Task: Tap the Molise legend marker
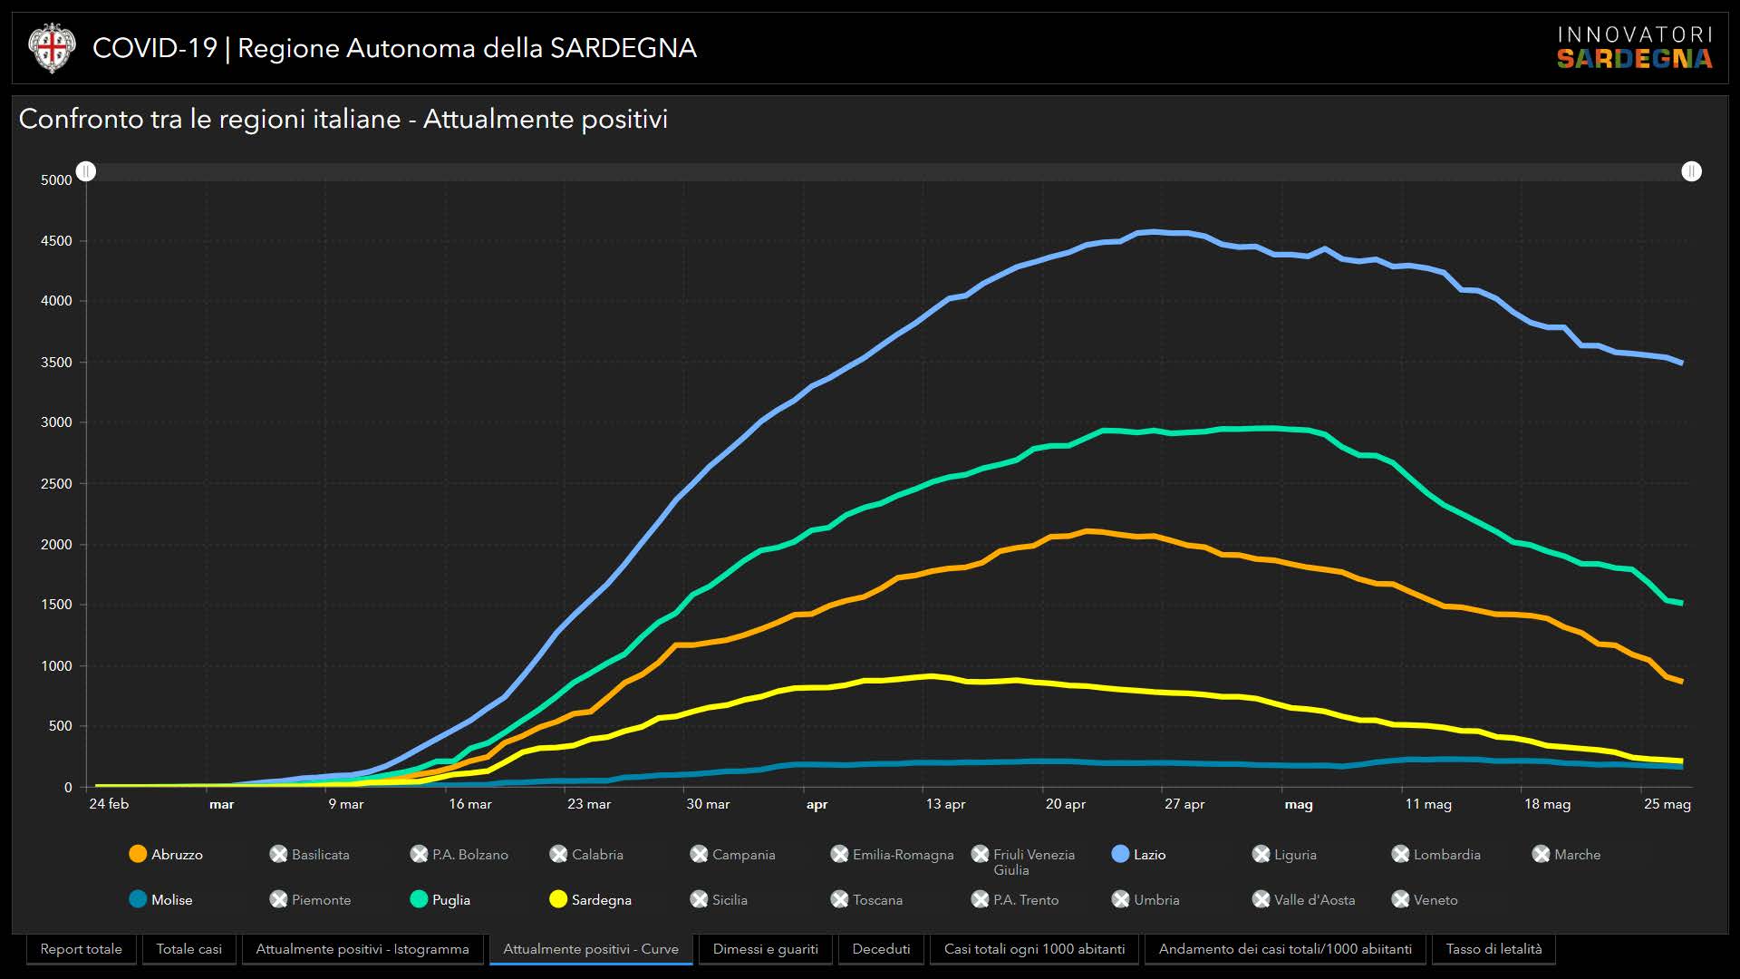click(x=138, y=899)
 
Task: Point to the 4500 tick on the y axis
click(x=56, y=241)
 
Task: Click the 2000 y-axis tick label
click(x=56, y=545)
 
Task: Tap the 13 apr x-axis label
click(x=945, y=804)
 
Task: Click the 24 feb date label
click(x=109, y=804)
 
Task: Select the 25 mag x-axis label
click(x=1667, y=804)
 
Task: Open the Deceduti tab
click(x=881, y=949)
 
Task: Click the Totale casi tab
click(x=188, y=949)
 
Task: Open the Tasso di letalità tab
click(x=1493, y=949)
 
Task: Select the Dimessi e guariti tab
click(x=765, y=949)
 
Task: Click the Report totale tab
click(x=81, y=949)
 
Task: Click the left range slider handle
click(x=86, y=171)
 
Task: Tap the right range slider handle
click(x=1691, y=171)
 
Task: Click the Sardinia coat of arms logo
click(x=52, y=48)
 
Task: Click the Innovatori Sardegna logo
click(x=1634, y=48)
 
